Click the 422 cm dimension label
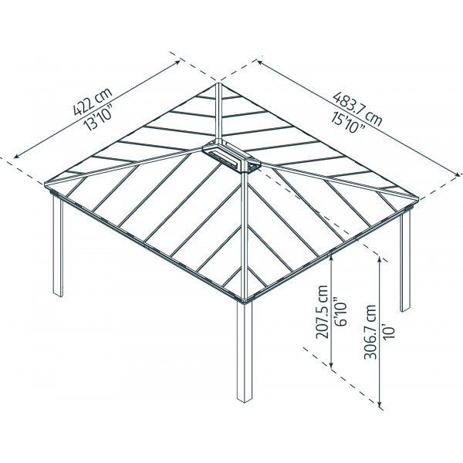tap(93, 101)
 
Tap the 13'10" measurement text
tap(99, 116)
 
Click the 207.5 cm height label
tap(322, 312)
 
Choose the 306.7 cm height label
tap(370, 332)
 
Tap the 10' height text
tap(389, 332)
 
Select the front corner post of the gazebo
tap(244, 351)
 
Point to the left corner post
tap(58, 245)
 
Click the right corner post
tap(405, 261)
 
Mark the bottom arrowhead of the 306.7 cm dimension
tap(380, 405)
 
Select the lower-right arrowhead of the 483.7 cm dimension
tap(458, 175)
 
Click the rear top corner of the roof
tap(218, 83)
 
